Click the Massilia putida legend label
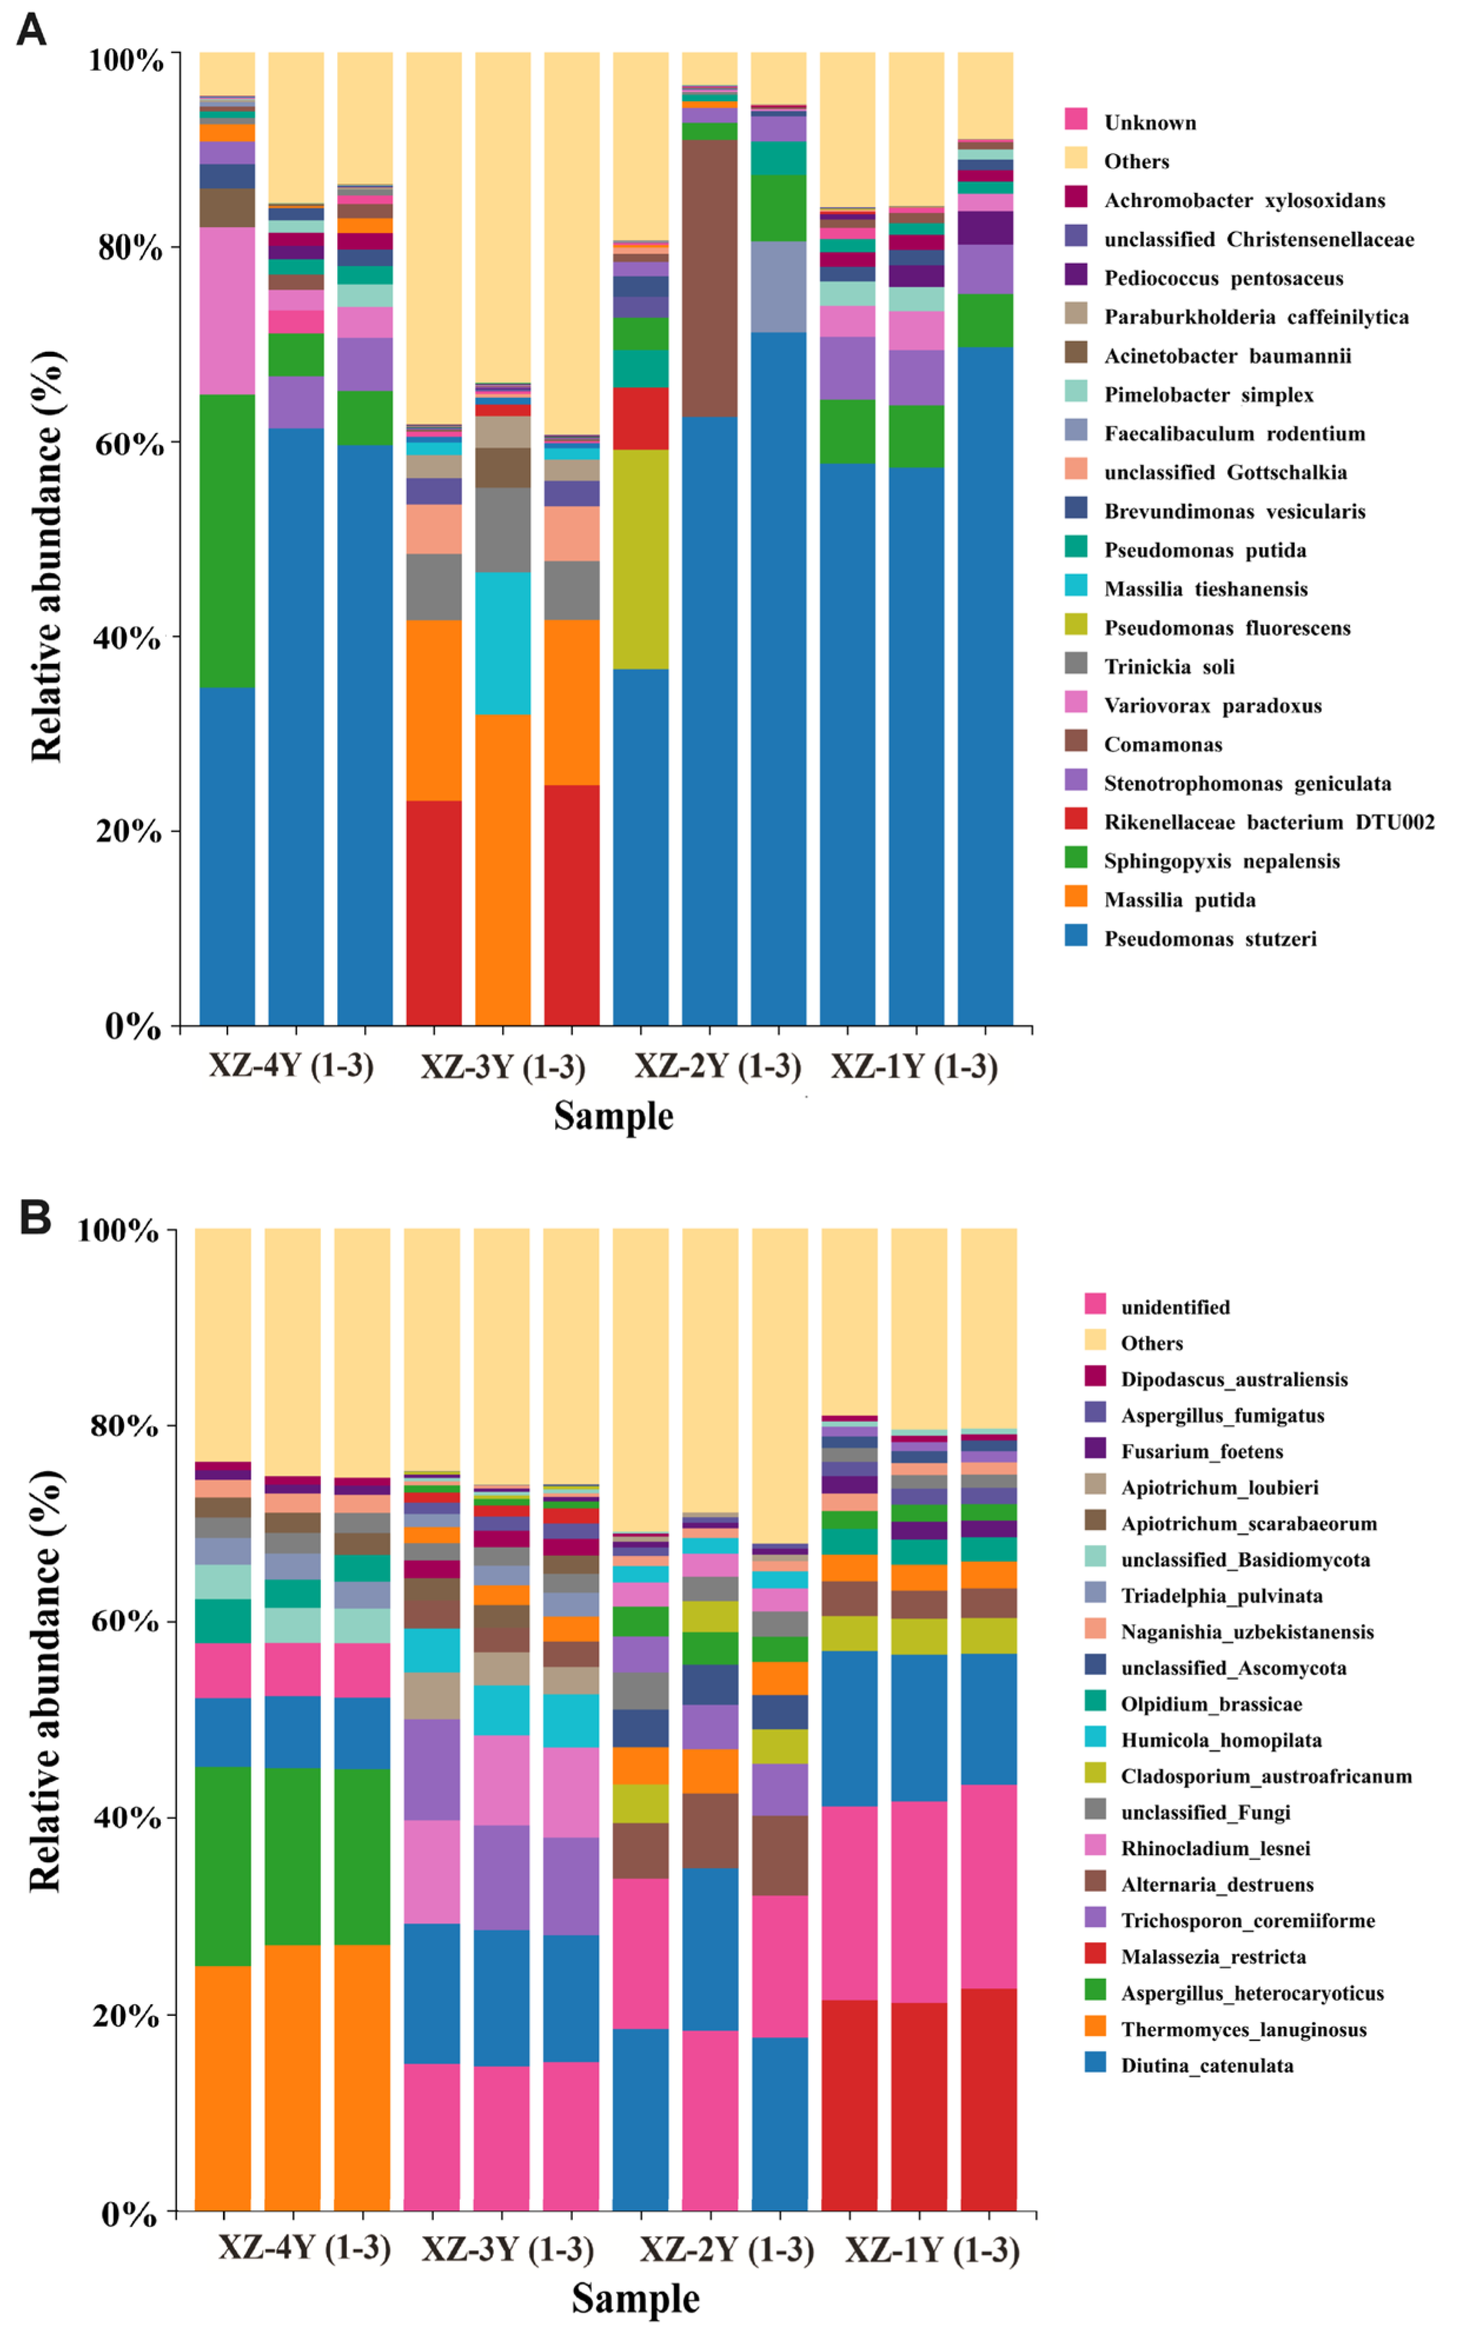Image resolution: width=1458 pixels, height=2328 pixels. (x=1180, y=901)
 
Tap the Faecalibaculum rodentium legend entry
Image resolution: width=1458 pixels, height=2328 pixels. (x=1234, y=434)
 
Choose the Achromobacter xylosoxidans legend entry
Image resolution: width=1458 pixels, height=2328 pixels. (x=1244, y=201)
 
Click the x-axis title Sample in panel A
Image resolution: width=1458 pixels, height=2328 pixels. (x=613, y=1117)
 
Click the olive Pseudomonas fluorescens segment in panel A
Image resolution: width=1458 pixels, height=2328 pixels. (x=640, y=559)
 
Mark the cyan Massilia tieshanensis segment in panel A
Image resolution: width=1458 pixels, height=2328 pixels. (x=503, y=643)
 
